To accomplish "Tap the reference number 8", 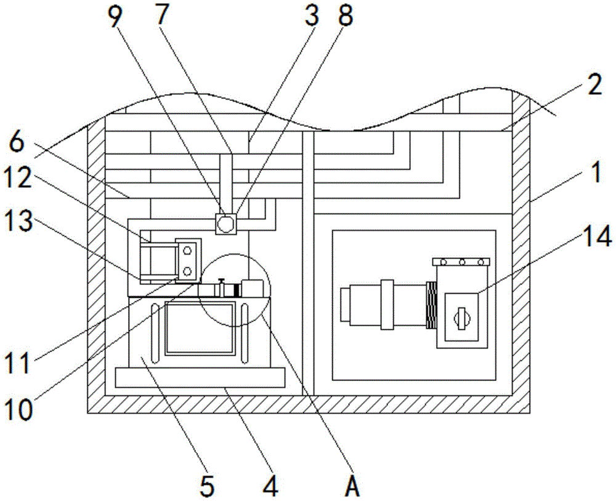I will click(345, 17).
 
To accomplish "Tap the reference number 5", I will click(208, 486).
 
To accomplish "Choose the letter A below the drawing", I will click(352, 486).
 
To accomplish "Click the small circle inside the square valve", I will click(225, 224).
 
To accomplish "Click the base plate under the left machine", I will click(200, 377).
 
